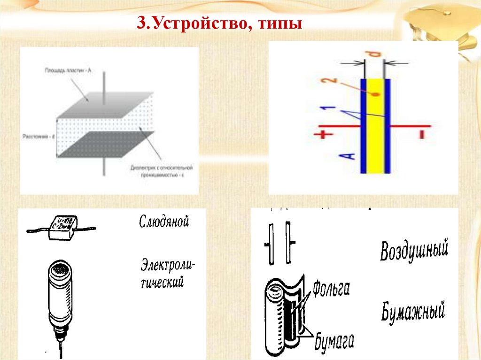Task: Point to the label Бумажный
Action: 412,311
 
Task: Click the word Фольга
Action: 331,287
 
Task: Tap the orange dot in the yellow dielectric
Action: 376,94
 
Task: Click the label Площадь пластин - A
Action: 69,70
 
